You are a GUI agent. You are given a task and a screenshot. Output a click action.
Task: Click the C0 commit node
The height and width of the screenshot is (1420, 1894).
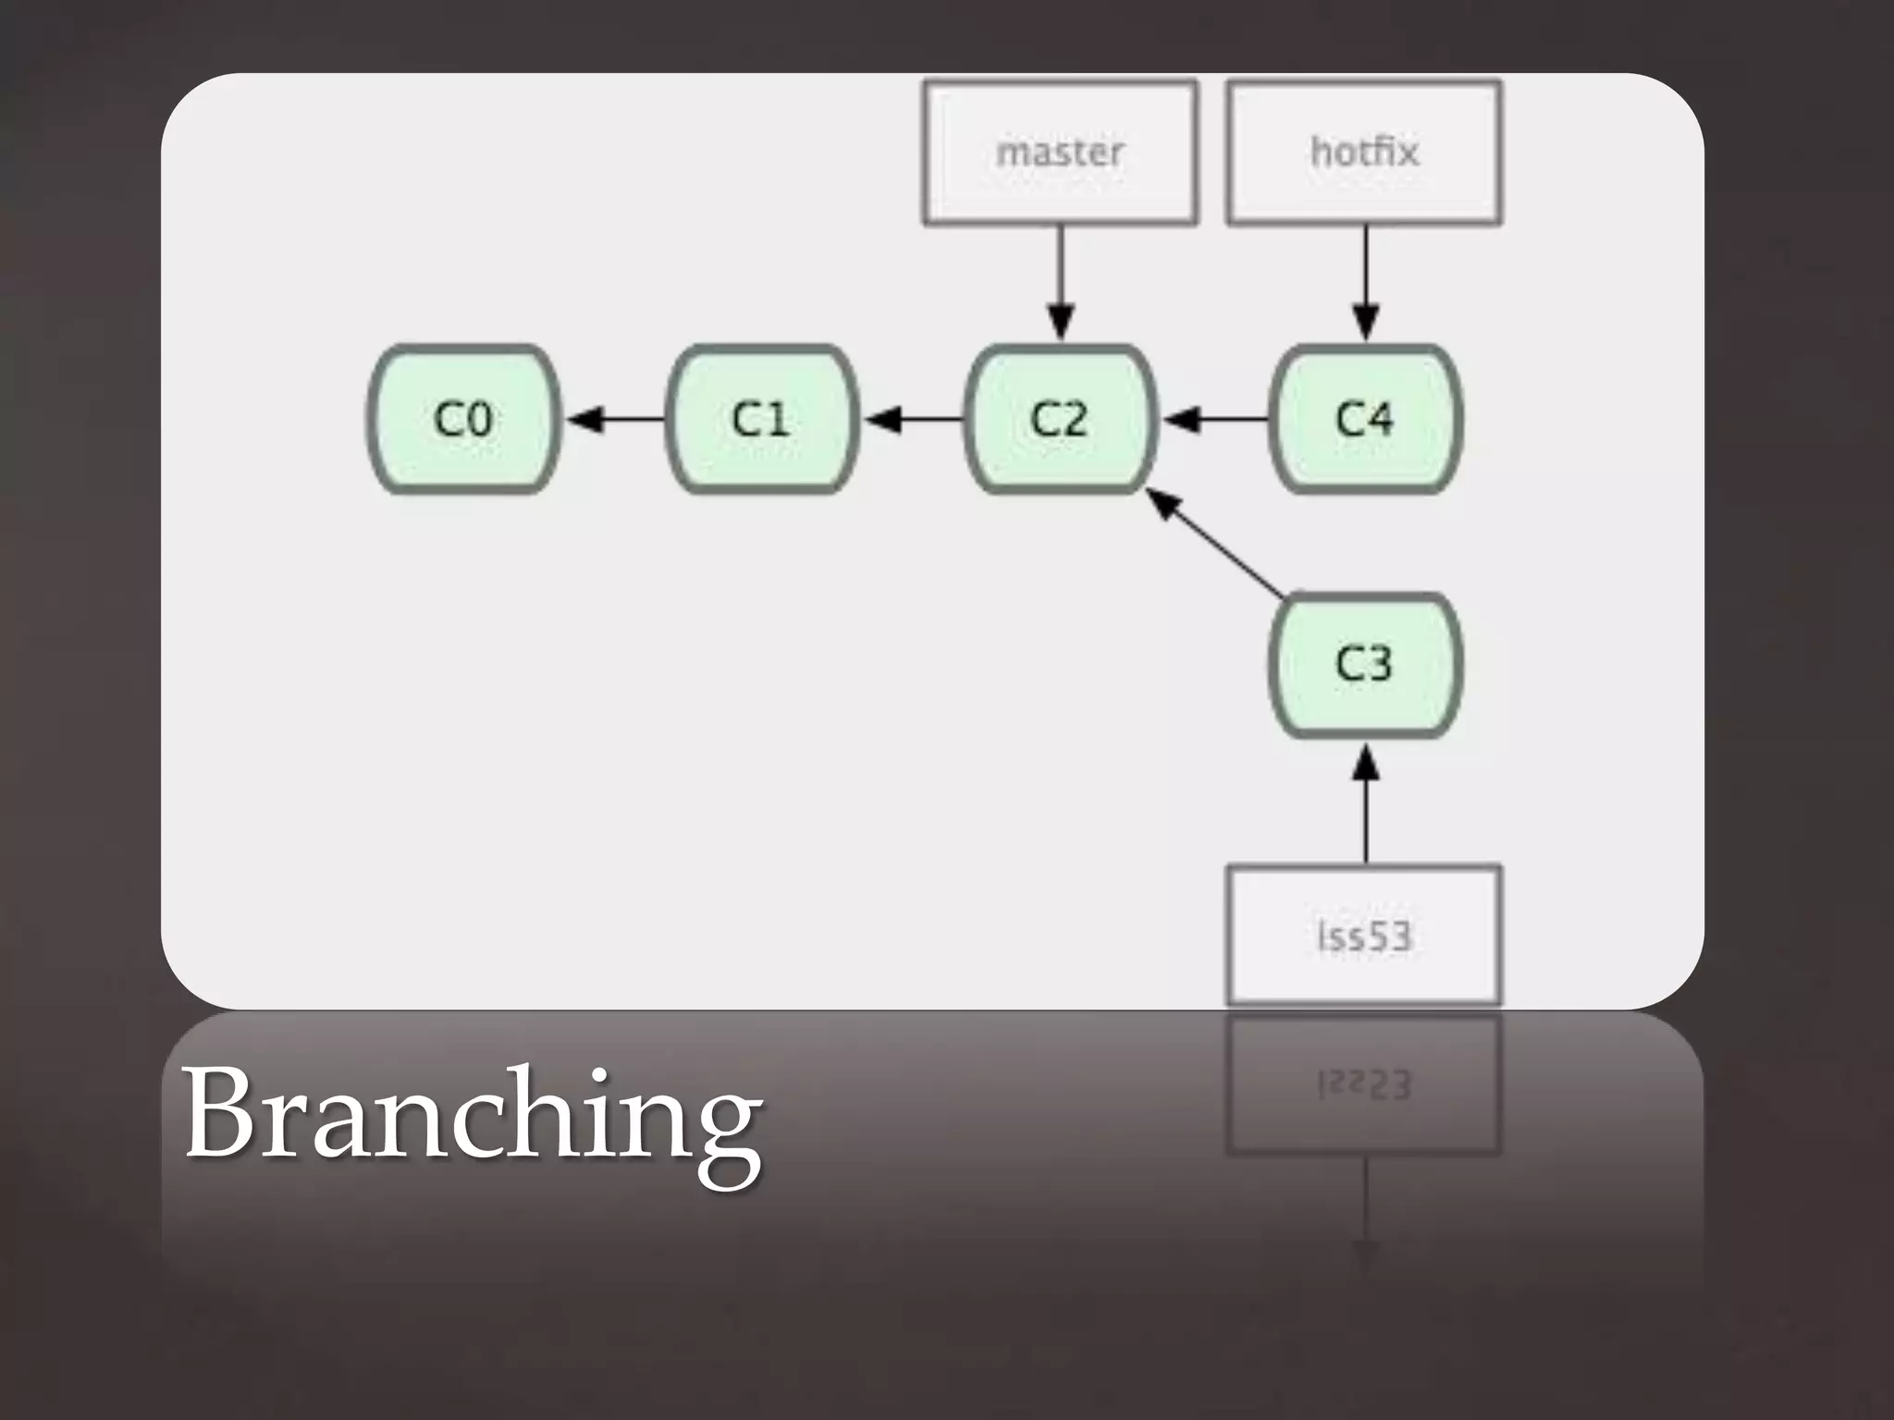point(464,419)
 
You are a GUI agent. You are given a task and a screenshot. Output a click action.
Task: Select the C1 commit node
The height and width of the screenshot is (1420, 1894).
point(762,419)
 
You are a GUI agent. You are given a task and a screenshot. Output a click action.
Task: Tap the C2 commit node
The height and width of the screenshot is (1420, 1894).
point(1060,419)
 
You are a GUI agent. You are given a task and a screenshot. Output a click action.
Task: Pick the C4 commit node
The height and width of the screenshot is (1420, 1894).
point(1365,419)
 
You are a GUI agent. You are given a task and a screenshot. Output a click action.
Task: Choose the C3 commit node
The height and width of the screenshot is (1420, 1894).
point(1365,664)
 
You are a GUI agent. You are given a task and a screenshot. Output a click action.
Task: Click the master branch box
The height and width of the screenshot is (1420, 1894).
point(1060,153)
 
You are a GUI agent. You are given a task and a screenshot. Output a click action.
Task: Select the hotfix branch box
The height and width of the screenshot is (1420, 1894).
point(1364,153)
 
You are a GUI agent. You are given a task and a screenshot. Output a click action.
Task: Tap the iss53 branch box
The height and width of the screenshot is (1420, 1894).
point(1364,935)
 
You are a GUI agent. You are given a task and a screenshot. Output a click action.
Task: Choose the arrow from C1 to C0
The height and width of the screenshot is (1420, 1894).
point(615,420)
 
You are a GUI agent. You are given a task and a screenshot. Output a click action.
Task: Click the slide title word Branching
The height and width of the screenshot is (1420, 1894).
point(473,1114)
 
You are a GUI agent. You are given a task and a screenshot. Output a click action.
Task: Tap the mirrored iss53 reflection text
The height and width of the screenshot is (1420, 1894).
point(1364,1084)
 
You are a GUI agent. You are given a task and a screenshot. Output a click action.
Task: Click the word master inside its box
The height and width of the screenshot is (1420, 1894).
point(1060,153)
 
